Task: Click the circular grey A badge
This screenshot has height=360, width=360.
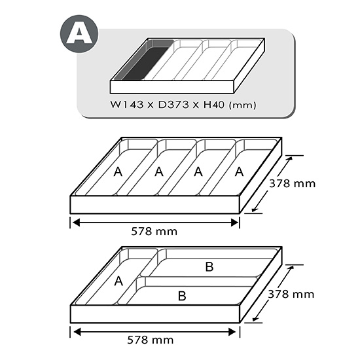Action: pyautogui.click(x=79, y=34)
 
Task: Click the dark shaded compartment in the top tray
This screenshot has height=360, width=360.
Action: pyautogui.click(x=145, y=63)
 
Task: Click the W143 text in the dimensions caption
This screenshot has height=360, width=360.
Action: pyautogui.click(x=127, y=105)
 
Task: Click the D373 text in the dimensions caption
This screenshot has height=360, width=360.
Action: pyautogui.click(x=173, y=105)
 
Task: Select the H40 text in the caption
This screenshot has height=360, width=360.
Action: pyautogui.click(x=214, y=105)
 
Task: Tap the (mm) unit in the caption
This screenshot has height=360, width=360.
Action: pyautogui.click(x=242, y=105)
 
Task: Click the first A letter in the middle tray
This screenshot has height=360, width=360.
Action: pyautogui.click(x=118, y=171)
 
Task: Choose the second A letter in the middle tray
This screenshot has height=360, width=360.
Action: pyautogui.click(x=159, y=171)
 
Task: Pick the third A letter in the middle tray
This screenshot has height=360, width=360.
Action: pyautogui.click(x=198, y=171)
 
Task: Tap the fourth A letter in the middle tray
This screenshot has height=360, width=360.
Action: pyautogui.click(x=239, y=171)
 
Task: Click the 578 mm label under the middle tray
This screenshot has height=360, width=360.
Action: pyautogui.click(x=154, y=232)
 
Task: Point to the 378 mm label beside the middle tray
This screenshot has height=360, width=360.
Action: pyautogui.click(x=293, y=184)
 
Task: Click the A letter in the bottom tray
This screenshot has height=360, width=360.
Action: pyautogui.click(x=118, y=281)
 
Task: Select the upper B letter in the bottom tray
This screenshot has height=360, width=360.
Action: pyautogui.click(x=209, y=267)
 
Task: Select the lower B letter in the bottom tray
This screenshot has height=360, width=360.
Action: pyautogui.click(x=182, y=296)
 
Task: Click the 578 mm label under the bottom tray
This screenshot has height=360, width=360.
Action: pyautogui.click(x=151, y=340)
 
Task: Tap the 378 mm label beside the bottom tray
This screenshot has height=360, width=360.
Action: pyautogui.click(x=291, y=295)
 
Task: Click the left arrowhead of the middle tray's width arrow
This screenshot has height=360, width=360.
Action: pyautogui.click(x=76, y=223)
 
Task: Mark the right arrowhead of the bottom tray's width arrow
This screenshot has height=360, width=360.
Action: pyautogui.click(x=232, y=332)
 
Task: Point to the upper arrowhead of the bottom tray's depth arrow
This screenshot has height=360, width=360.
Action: pyautogui.click(x=291, y=268)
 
